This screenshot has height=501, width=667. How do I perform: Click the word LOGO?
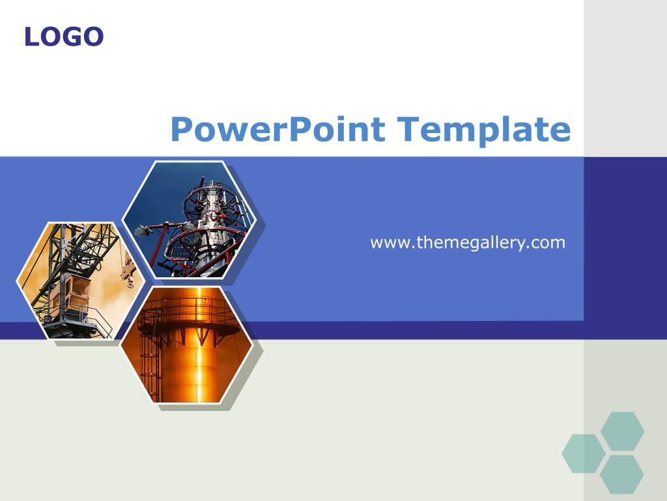64,37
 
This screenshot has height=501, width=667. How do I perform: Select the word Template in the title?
484,130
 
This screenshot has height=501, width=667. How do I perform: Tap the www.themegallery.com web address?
468,243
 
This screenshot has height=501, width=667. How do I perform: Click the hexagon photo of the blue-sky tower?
190,220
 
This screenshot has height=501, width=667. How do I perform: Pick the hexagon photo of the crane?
81,281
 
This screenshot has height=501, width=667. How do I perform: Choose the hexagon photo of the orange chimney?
187,344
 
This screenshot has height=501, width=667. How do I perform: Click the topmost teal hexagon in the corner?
622,431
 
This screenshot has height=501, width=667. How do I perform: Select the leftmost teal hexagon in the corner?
584,453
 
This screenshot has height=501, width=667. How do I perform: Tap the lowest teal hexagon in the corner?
621,474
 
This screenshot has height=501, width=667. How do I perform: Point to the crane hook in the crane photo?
129,275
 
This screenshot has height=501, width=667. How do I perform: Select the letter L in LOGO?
31,37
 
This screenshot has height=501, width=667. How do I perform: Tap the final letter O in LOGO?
93,37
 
